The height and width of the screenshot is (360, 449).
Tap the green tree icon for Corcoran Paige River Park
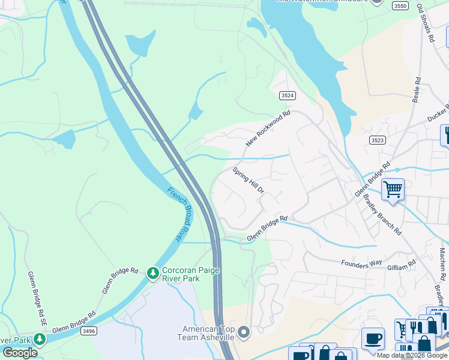[x=153, y=274]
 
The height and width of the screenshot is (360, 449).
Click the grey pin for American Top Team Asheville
[x=243, y=331]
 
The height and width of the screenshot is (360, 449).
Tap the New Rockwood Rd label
[x=268, y=128]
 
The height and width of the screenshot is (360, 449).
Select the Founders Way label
[x=361, y=263]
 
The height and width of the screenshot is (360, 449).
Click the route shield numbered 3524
[x=288, y=95]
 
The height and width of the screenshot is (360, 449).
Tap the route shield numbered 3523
[x=377, y=140]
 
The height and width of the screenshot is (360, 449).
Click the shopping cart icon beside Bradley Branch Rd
[x=393, y=190]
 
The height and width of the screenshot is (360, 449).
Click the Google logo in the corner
[x=20, y=352]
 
